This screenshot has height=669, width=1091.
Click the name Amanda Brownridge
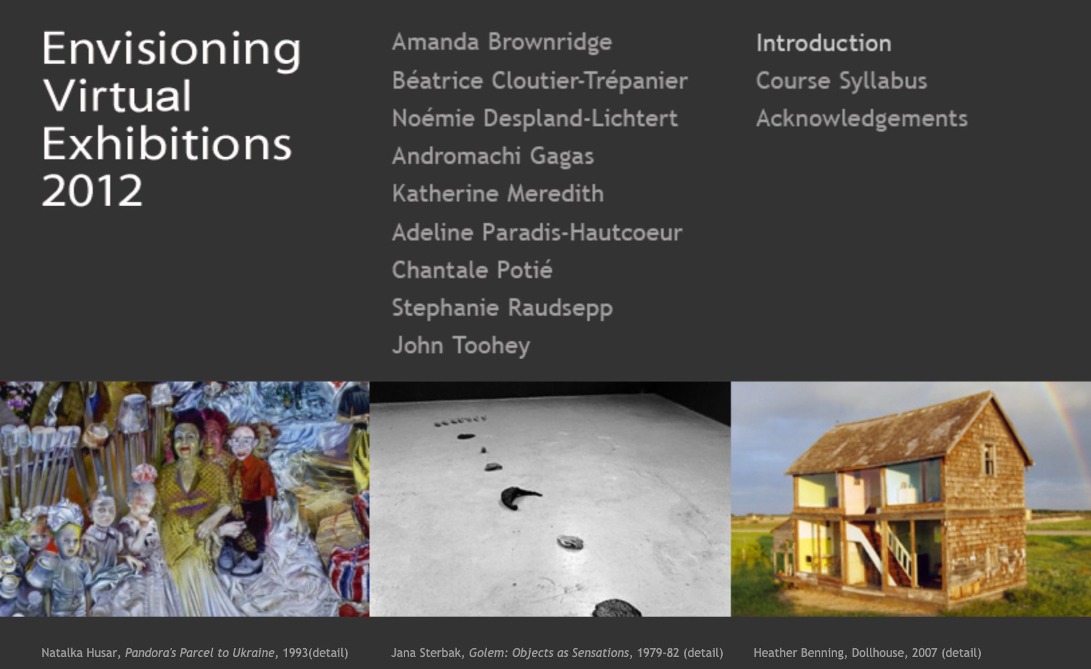pyautogui.click(x=502, y=42)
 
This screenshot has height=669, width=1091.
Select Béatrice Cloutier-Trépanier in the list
pyautogui.click(x=539, y=81)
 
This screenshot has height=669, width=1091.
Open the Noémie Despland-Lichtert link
pyautogui.click(x=535, y=119)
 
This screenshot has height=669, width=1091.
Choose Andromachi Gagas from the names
pyautogui.click(x=492, y=157)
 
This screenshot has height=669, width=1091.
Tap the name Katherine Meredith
pyautogui.click(x=498, y=194)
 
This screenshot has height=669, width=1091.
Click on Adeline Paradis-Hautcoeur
pyautogui.click(x=537, y=232)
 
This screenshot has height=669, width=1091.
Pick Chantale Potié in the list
pyautogui.click(x=472, y=270)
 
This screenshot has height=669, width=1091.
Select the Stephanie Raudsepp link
pyautogui.click(x=502, y=308)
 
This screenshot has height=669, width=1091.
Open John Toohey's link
pyautogui.click(x=461, y=345)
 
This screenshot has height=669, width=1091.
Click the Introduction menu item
pyautogui.click(x=824, y=44)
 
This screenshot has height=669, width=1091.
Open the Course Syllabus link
pyautogui.click(x=841, y=81)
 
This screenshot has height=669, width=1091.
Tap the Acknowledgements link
pyautogui.click(x=862, y=119)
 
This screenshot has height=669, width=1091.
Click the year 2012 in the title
pyautogui.click(x=92, y=191)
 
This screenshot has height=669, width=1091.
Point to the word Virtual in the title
pyautogui.click(x=118, y=96)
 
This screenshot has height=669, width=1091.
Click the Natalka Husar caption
pyautogui.click(x=195, y=653)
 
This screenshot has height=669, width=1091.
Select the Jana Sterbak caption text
pyautogui.click(x=557, y=653)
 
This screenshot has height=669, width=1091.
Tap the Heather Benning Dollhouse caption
pyautogui.click(x=867, y=653)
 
